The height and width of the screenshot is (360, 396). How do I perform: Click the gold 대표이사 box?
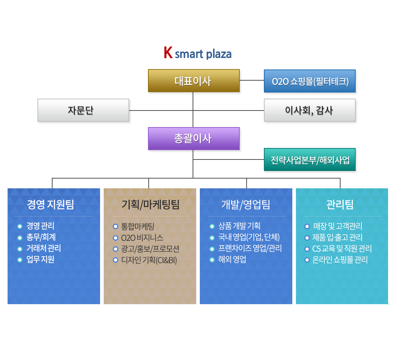(x=194, y=81)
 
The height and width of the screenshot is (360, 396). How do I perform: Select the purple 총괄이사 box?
(x=194, y=139)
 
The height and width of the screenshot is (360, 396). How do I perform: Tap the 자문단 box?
(x=83, y=110)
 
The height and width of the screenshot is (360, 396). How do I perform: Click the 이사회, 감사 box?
(x=310, y=110)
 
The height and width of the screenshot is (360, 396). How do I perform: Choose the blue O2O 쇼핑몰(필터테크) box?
(x=310, y=81)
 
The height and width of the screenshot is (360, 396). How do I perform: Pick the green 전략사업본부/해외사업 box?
(x=310, y=159)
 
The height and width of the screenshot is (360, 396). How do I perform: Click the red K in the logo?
(x=168, y=53)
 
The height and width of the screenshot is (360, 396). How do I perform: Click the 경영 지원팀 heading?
(x=50, y=205)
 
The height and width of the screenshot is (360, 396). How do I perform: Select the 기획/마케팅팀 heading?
(x=150, y=205)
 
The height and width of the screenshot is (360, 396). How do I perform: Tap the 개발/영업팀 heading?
(x=246, y=205)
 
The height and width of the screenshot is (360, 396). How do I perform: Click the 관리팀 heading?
(x=340, y=205)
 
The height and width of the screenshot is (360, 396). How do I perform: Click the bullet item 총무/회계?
(x=41, y=237)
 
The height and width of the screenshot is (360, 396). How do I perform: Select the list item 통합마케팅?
(x=138, y=226)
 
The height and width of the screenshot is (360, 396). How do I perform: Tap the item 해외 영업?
(x=232, y=260)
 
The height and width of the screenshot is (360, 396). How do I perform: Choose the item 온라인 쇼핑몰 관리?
(x=340, y=260)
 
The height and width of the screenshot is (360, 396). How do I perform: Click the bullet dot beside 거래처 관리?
(x=19, y=249)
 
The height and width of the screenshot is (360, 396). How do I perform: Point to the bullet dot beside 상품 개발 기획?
(x=212, y=226)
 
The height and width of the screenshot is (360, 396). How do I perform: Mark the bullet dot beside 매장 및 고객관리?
(x=307, y=226)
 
